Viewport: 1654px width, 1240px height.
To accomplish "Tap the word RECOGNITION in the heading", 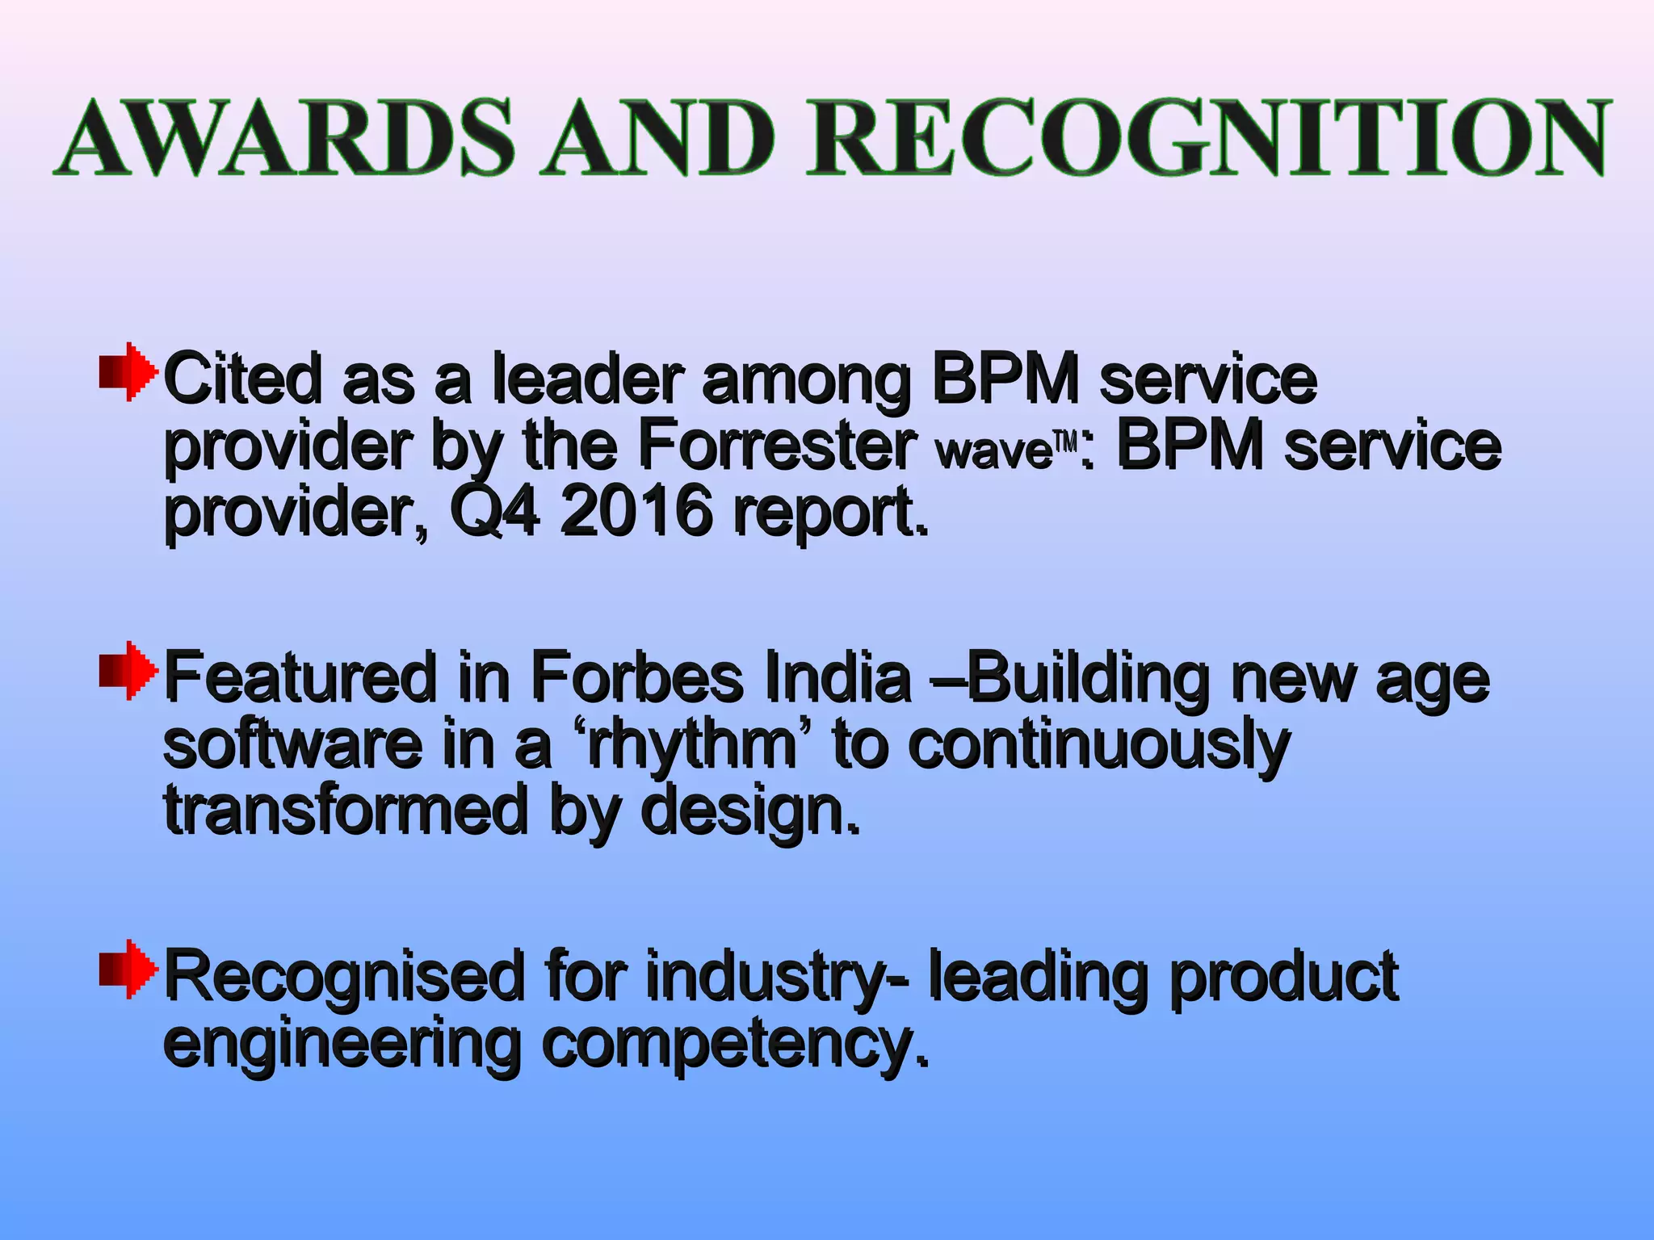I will pyautogui.click(x=1208, y=137).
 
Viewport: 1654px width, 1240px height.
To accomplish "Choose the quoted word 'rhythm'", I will pyautogui.click(x=691, y=744).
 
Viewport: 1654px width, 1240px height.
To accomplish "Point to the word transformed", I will pyautogui.click(x=346, y=811).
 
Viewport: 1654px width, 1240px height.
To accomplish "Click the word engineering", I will pyautogui.click(x=341, y=1046).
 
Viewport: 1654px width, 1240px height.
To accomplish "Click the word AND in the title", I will pyautogui.click(x=659, y=137).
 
